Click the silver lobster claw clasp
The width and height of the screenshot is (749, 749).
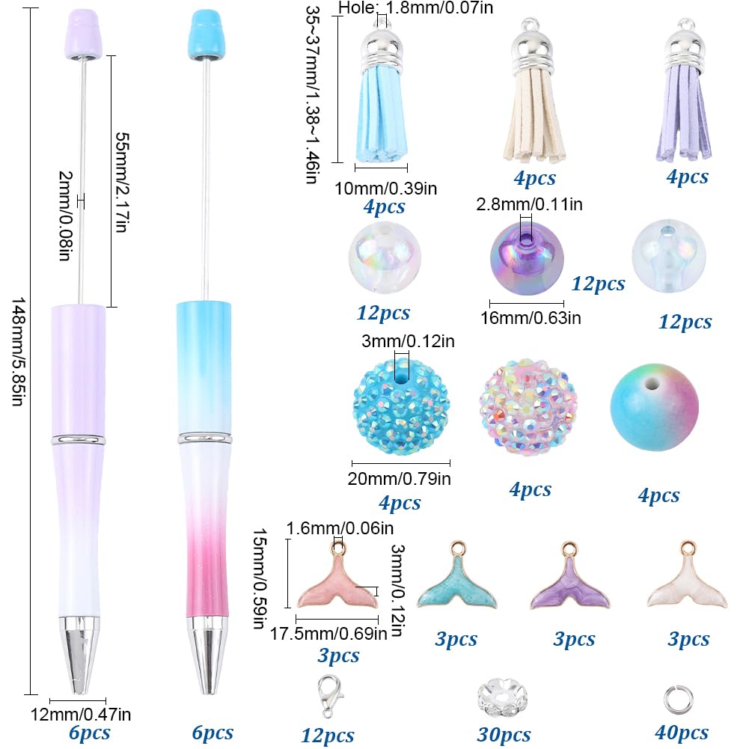(x=330, y=696)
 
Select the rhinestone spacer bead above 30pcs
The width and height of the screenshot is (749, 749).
(x=503, y=698)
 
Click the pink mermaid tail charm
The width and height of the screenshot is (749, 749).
(x=337, y=583)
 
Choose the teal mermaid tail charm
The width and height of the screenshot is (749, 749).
(x=456, y=583)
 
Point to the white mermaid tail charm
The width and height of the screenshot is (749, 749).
(x=687, y=583)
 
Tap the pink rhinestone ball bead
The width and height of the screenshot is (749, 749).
(x=528, y=406)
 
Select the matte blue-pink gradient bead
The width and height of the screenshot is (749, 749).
(x=655, y=408)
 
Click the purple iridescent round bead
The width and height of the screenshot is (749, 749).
(x=527, y=258)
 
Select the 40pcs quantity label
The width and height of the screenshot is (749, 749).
(x=681, y=733)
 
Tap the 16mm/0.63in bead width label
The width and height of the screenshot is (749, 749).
(x=531, y=318)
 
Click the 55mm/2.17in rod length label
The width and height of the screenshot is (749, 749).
(x=122, y=183)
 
